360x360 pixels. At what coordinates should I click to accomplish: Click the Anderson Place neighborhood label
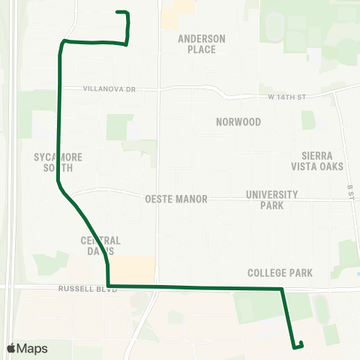197,43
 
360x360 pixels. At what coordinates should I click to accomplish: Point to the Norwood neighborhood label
238,121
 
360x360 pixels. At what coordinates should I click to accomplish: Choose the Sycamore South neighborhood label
58,163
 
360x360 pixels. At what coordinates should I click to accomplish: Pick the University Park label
272,199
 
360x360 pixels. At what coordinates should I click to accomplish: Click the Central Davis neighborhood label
100,245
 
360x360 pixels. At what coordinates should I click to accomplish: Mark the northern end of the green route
117,12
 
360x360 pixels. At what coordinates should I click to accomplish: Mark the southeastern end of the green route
300,343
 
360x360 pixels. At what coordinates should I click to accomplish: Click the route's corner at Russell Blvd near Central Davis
109,286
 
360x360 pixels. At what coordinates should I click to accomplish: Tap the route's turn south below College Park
282,289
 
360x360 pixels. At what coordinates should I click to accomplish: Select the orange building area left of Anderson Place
176,10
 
